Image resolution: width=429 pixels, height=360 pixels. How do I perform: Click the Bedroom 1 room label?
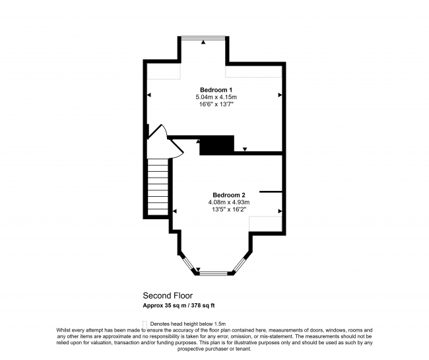pos(216,89)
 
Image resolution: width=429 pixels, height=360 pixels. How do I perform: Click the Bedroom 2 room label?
pos(229,195)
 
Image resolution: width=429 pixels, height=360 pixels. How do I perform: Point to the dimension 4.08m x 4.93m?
pos(229,203)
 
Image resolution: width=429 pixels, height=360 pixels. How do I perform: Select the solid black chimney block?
pos(217,145)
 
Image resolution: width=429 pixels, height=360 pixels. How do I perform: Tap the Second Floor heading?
pos(168,295)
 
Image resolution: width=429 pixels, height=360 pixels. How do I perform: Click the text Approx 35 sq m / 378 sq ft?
pos(179,306)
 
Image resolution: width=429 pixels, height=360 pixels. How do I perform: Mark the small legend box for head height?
pos(145,322)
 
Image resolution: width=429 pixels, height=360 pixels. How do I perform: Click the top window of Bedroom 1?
pos(203,38)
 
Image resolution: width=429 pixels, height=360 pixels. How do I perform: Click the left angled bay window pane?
pos(189,262)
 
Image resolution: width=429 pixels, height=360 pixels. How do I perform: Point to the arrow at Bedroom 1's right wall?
pos(280,96)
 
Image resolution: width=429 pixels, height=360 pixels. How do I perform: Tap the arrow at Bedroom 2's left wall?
pos(175,211)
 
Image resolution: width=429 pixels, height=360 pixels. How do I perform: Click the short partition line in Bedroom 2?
pos(271,192)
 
